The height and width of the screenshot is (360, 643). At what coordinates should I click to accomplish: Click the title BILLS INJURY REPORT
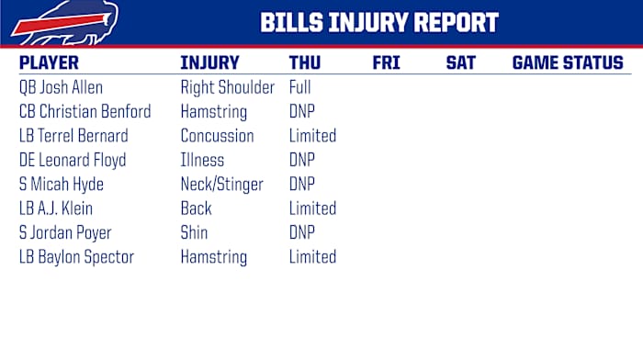coord(379,23)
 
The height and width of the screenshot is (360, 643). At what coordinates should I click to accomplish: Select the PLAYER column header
coord(49,63)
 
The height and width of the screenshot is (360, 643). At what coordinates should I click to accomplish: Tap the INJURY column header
coord(209,63)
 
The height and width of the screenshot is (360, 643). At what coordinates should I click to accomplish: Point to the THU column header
coord(305,63)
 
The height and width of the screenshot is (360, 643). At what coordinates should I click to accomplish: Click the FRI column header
coord(386,63)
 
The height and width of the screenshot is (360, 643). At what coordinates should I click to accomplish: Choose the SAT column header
coord(460,63)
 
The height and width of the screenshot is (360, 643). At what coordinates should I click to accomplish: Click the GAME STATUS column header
coord(567,63)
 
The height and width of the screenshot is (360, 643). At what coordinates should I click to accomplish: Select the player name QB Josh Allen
coord(61,88)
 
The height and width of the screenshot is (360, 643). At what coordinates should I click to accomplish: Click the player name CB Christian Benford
coord(85,112)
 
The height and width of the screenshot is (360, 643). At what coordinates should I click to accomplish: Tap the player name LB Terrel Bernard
coord(73,136)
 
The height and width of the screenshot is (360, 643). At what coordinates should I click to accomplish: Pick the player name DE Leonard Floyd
coord(73,160)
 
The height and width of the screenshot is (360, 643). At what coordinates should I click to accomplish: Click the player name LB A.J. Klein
coord(56,208)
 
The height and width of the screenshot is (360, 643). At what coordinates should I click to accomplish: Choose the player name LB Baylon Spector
coord(76,257)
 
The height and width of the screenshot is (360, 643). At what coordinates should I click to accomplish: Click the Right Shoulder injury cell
coord(227,88)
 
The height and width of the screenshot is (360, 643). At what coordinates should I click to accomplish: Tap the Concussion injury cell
coord(217,136)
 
